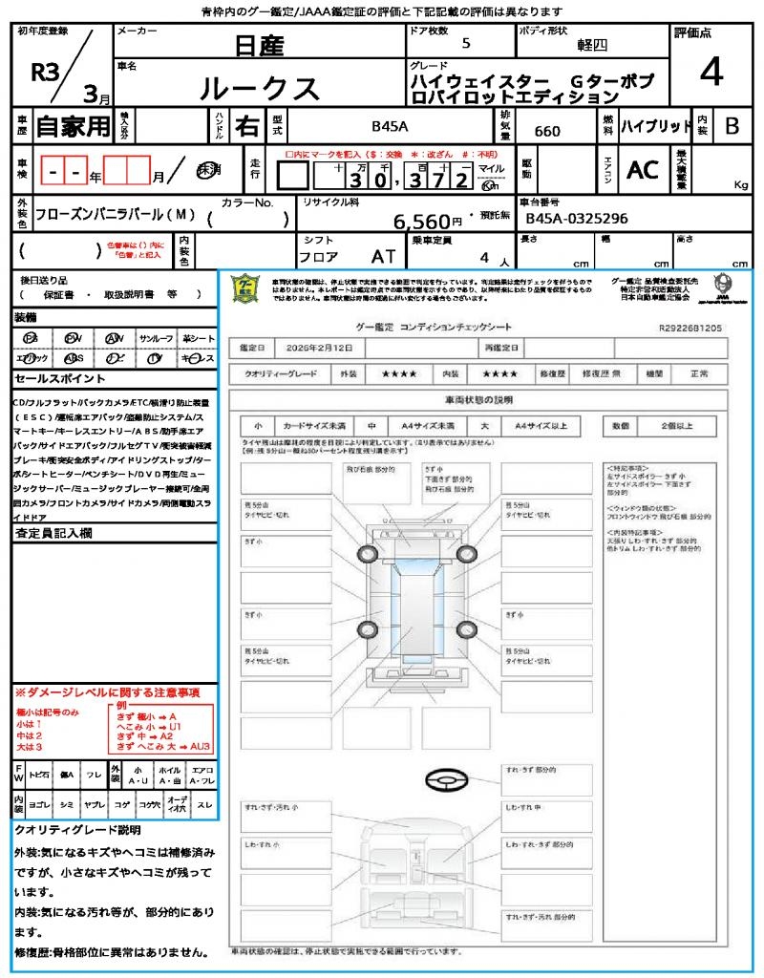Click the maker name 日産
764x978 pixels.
click(x=260, y=45)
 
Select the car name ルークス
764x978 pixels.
click(x=259, y=88)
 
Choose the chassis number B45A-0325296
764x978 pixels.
click(x=577, y=219)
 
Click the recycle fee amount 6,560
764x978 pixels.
click(x=421, y=222)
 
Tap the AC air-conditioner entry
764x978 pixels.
click(x=643, y=170)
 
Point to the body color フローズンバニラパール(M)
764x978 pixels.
click(x=116, y=217)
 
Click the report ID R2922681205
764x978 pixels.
click(x=690, y=328)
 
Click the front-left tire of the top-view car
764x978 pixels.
click(x=367, y=554)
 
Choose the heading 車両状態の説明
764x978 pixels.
click(x=478, y=399)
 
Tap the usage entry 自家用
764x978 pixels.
click(x=74, y=126)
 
